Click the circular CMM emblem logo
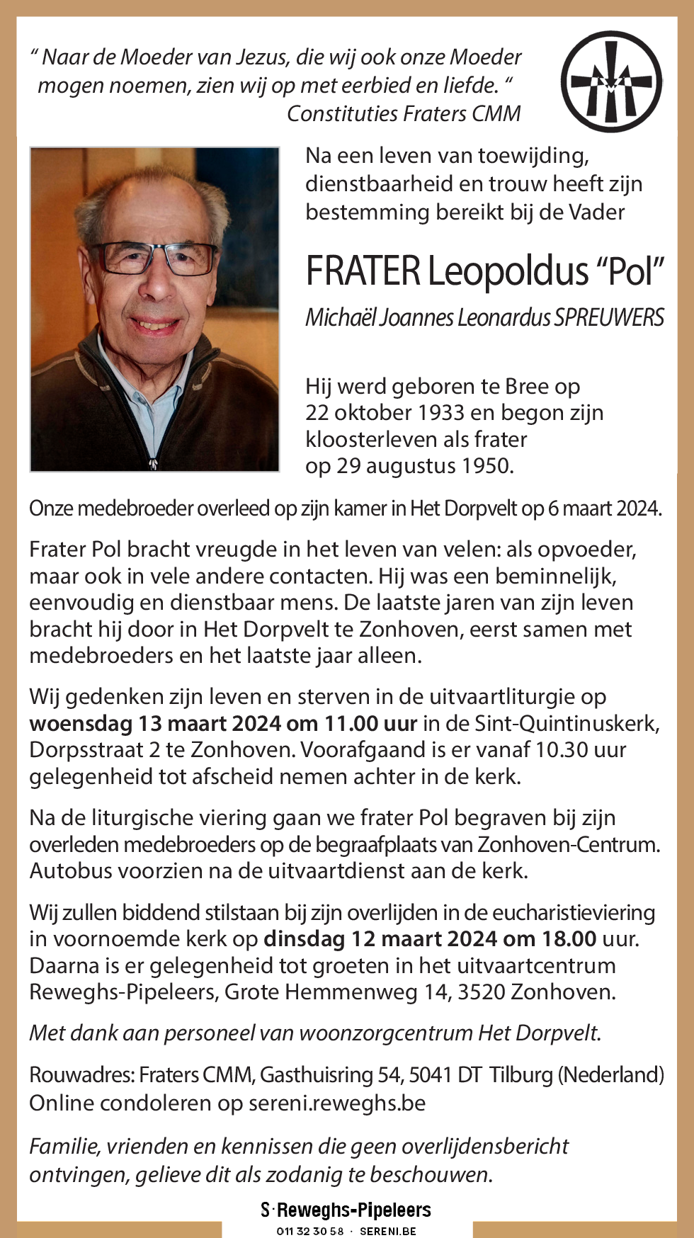[612, 81]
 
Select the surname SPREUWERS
[609, 317]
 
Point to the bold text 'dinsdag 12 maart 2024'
[380, 939]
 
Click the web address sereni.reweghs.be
[337, 1103]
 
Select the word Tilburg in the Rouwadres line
[522, 1075]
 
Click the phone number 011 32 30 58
[309, 1231]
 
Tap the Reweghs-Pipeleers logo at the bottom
[346, 1210]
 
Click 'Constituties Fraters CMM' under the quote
[404, 113]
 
